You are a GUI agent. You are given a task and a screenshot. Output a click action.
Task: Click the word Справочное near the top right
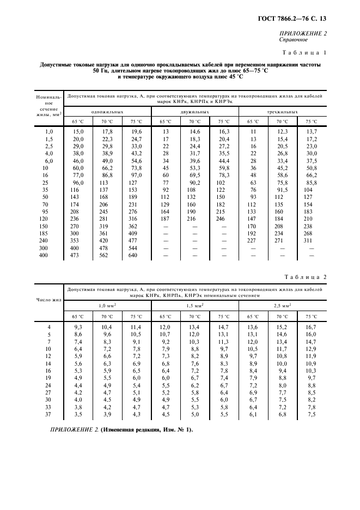(x=295, y=40)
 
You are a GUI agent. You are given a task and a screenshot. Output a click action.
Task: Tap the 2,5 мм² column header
(x=282, y=306)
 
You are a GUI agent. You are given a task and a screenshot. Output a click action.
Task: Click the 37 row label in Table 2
(x=49, y=414)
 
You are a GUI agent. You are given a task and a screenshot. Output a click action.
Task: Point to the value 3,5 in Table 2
(x=78, y=414)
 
